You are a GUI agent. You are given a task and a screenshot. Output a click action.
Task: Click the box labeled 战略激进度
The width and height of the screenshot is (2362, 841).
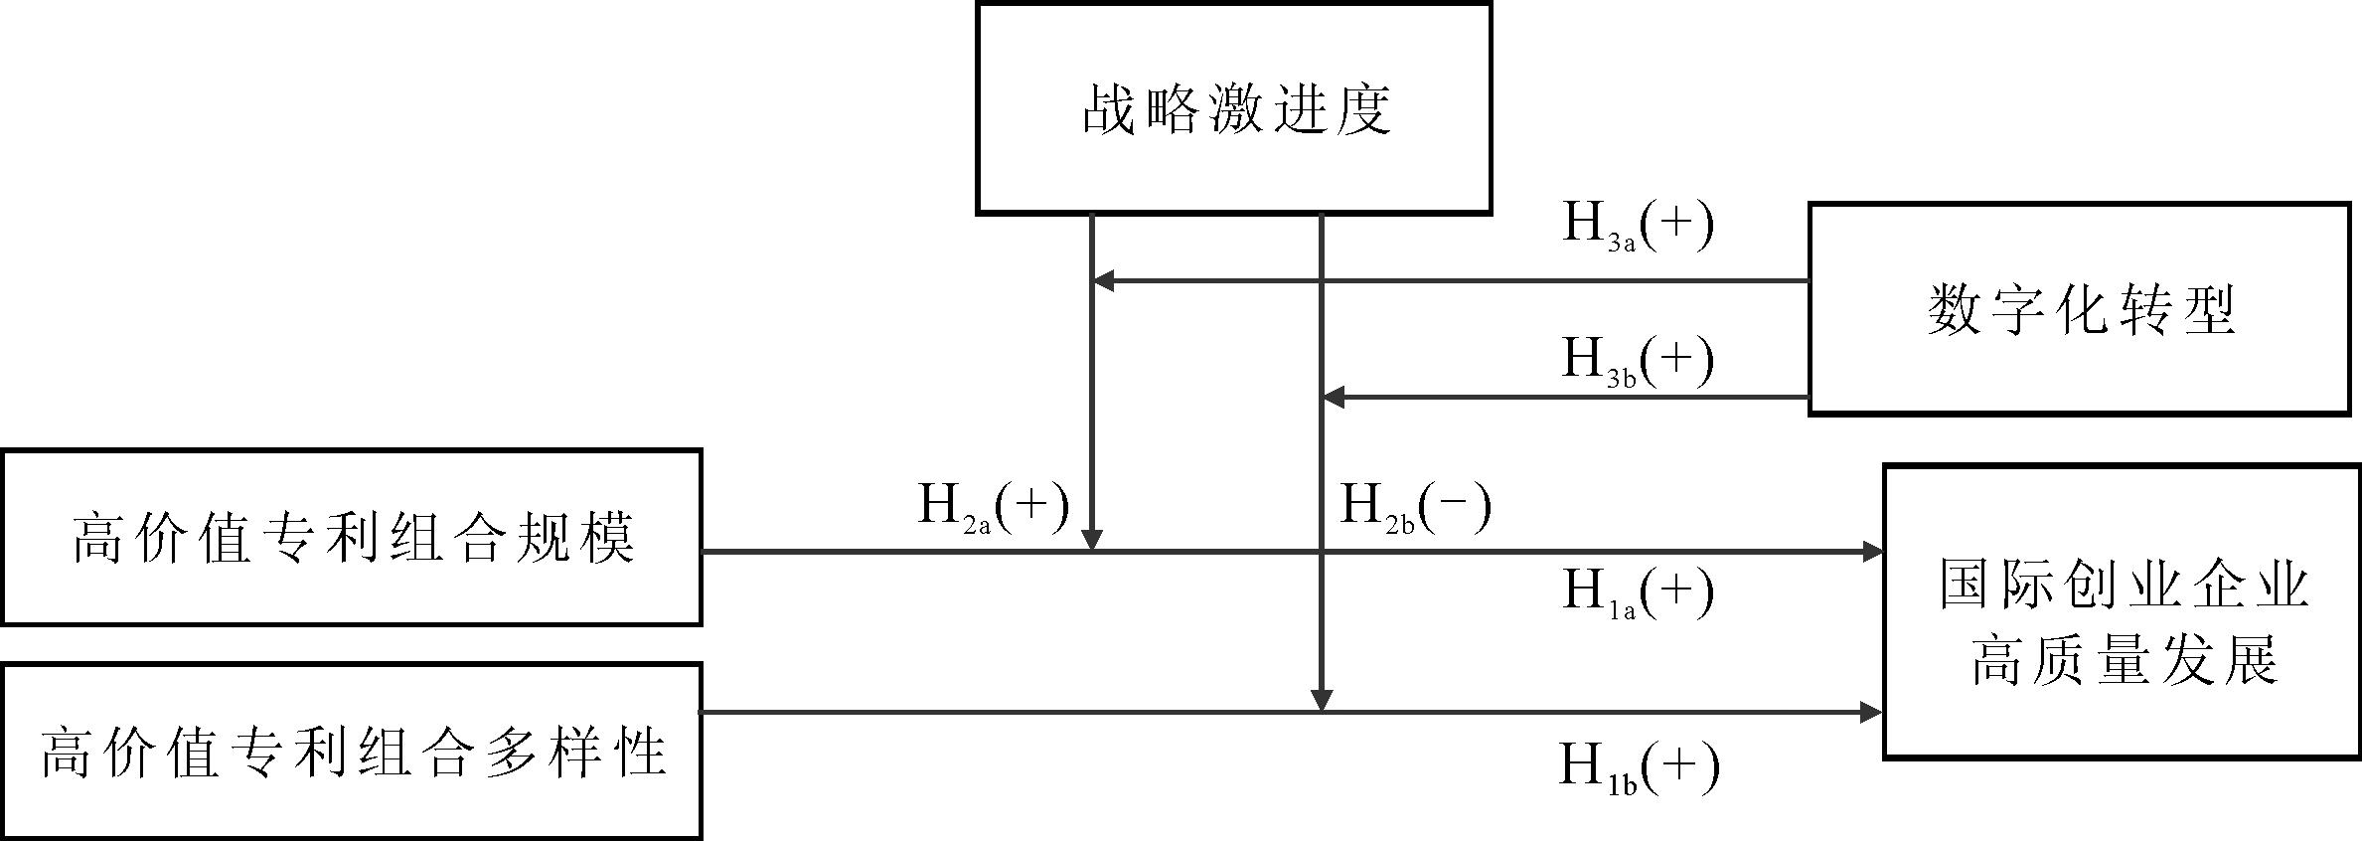[x=1233, y=107]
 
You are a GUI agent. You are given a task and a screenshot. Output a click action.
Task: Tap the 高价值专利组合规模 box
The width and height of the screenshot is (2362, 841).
[x=352, y=537]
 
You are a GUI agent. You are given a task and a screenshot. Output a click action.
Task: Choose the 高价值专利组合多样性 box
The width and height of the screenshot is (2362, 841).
[x=352, y=752]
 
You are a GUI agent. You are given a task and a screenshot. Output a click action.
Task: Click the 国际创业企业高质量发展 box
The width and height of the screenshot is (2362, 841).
[x=2122, y=612]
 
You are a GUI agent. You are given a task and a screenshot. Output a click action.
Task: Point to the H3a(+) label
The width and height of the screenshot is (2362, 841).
[x=1638, y=226]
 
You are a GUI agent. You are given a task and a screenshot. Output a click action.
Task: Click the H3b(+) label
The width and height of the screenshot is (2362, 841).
[x=1638, y=360]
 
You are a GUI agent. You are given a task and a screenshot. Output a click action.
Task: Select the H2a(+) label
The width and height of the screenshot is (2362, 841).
[x=993, y=507]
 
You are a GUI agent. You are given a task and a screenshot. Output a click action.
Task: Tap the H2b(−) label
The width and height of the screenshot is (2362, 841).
[x=1415, y=507]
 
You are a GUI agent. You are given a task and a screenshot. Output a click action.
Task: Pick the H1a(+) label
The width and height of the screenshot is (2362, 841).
[x=1638, y=592]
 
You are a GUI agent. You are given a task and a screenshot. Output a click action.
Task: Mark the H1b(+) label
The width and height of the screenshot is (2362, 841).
[x=1638, y=768]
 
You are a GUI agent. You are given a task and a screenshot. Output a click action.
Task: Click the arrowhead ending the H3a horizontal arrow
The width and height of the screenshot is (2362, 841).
[x=1102, y=281]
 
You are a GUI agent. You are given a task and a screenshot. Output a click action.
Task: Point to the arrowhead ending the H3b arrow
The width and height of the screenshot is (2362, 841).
[x=1332, y=398]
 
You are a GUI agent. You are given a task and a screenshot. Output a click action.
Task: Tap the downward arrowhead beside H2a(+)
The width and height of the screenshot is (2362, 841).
[x=1092, y=540]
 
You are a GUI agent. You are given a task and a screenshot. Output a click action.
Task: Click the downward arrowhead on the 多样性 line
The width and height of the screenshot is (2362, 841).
[x=1321, y=701]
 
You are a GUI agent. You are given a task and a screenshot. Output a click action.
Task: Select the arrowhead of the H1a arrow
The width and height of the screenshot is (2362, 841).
[x=1873, y=551]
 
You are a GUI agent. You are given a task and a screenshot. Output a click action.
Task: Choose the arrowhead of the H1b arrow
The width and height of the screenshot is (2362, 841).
[x=1872, y=712]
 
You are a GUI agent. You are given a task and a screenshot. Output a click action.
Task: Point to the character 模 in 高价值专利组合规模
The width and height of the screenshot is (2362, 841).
[x=606, y=538]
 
